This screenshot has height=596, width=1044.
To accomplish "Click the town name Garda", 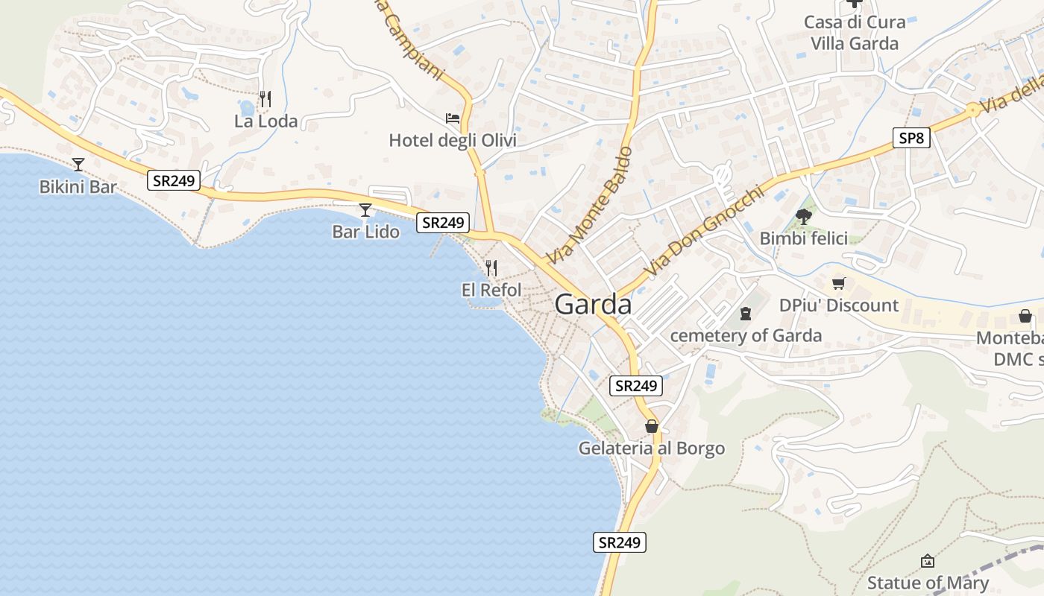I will point(593,305).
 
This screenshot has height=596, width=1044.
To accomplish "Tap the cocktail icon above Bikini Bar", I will point(78,165).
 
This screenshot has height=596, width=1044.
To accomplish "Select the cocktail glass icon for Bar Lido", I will point(365,210).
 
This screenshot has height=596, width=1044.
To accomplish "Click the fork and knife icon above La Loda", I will point(265,98).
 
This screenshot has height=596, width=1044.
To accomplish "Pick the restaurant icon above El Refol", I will point(491,268).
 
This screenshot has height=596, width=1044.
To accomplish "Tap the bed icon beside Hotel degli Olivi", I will point(453,118).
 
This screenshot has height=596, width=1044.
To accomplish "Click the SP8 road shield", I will point(911,138).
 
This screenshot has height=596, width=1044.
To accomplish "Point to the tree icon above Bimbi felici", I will point(803,217).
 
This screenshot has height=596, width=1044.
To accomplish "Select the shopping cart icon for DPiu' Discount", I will point(839,283).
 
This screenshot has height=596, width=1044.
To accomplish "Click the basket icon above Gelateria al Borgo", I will point(652,426).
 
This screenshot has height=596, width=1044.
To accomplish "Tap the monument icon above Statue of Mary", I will point(928,561).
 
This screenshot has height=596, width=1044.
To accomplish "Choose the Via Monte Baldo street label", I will point(589,206).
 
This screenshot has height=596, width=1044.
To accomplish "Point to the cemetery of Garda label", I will point(746,335).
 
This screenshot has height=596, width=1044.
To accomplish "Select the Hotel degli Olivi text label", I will point(453,140).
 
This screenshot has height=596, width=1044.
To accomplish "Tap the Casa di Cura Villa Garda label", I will point(855,33).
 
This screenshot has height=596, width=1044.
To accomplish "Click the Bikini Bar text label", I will point(78,187).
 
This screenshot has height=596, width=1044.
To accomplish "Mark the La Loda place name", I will point(265,121).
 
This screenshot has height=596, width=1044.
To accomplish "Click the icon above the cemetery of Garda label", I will point(745,314).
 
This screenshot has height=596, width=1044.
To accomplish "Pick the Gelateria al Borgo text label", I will point(652,448).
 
